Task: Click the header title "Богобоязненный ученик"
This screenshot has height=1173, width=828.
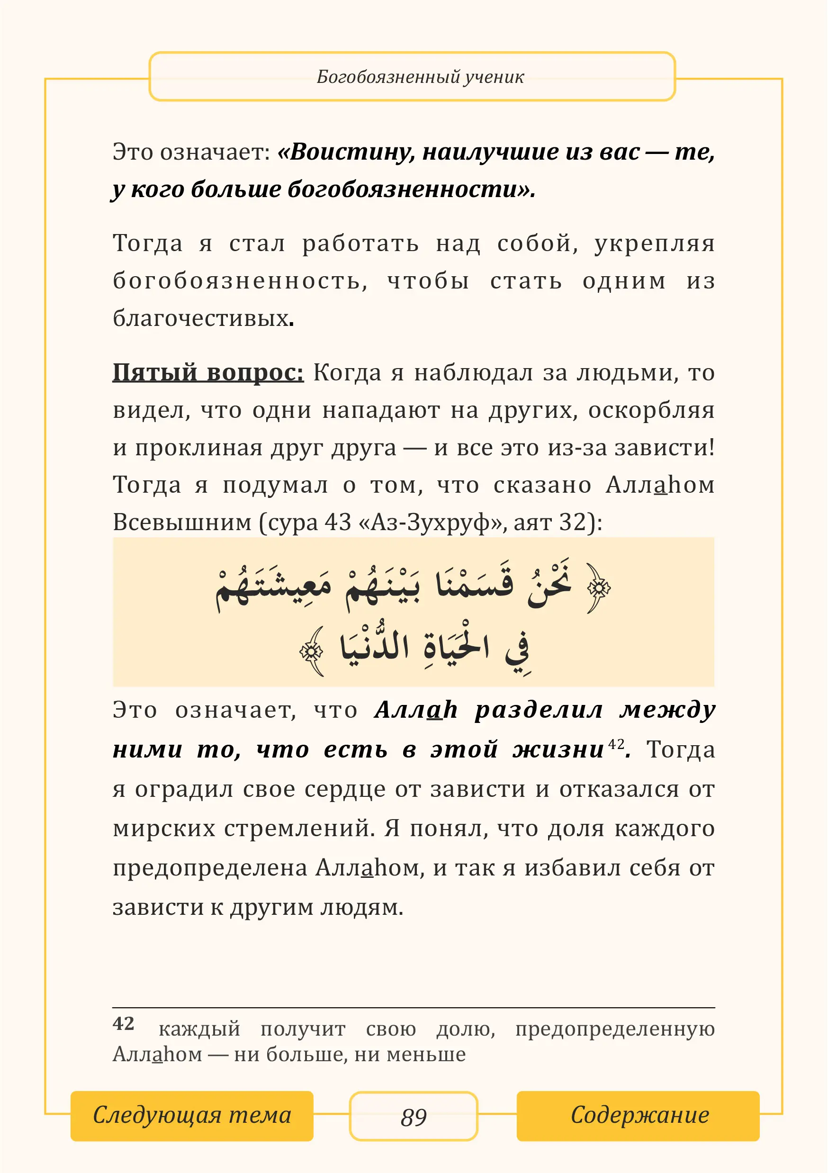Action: pos(420,77)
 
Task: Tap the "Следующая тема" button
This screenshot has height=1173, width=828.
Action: pos(191,1115)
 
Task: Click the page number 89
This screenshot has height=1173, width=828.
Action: pos(413,1117)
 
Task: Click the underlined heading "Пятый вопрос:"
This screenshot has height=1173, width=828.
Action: pos(208,372)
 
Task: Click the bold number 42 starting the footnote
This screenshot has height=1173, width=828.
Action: pos(123,1023)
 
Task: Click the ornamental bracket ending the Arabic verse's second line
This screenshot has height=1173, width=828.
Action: pos(312,651)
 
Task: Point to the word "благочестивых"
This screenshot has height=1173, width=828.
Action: pos(201,318)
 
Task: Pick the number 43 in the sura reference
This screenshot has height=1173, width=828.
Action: pos(338,522)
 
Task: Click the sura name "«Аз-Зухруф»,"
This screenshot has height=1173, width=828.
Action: pos(433,522)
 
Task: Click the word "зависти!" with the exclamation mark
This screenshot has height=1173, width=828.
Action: pos(664,448)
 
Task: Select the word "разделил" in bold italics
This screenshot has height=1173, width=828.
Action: pos(539,710)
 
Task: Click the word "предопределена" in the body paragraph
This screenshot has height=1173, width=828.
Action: pos(209,868)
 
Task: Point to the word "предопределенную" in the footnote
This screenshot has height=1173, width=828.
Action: pos(614,1029)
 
